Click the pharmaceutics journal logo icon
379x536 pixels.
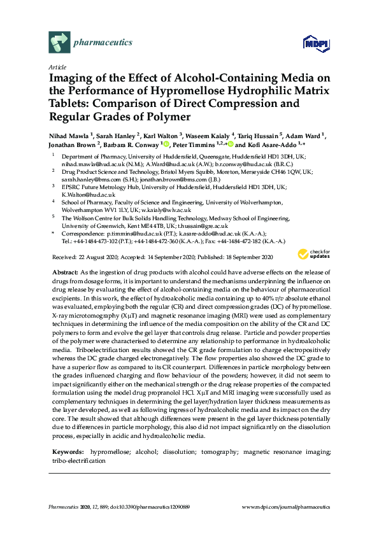59,43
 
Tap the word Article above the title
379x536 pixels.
56,67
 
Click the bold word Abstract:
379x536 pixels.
64,272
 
